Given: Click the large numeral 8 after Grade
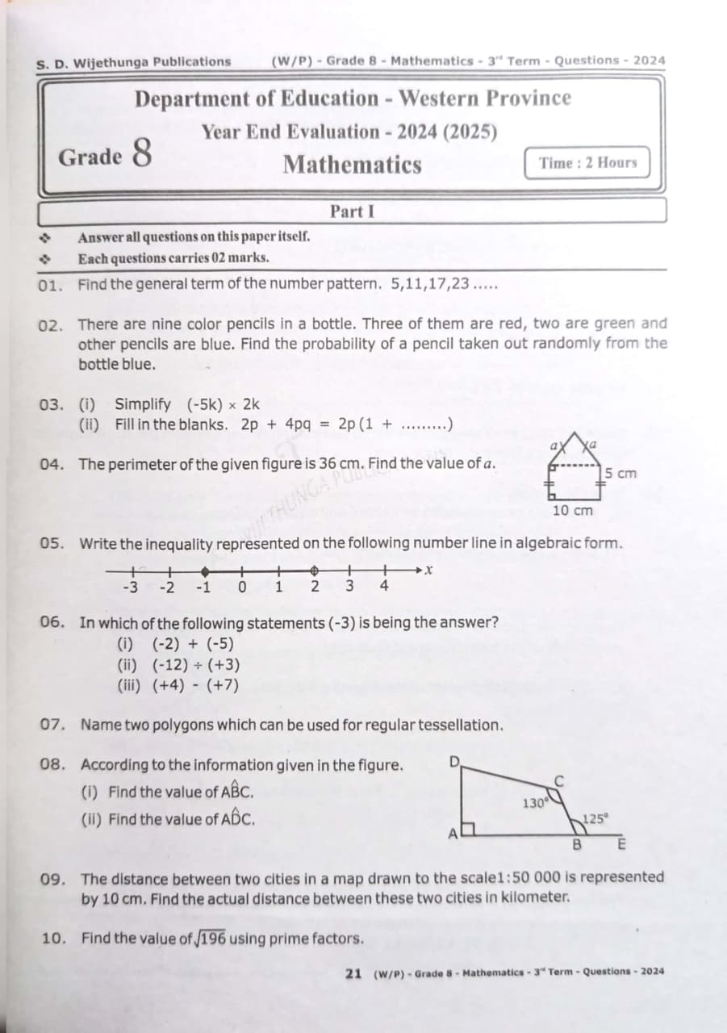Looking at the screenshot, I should [x=140, y=153].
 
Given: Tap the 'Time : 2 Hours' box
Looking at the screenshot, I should [x=587, y=163].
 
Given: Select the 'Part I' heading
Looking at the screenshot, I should [x=352, y=211].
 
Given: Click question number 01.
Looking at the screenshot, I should [x=51, y=284].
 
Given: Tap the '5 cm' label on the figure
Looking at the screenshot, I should [x=620, y=473].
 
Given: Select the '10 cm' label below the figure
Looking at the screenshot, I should [x=573, y=510].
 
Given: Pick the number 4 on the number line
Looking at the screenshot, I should [x=384, y=587].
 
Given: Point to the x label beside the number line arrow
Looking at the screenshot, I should [x=429, y=570].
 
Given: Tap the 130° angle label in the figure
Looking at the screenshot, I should [x=535, y=803].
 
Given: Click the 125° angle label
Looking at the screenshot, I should [x=595, y=818].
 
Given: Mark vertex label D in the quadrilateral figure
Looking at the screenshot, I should [x=454, y=763].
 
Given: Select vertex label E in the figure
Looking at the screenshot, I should [x=621, y=845].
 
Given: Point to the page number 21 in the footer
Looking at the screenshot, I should [x=353, y=972].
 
